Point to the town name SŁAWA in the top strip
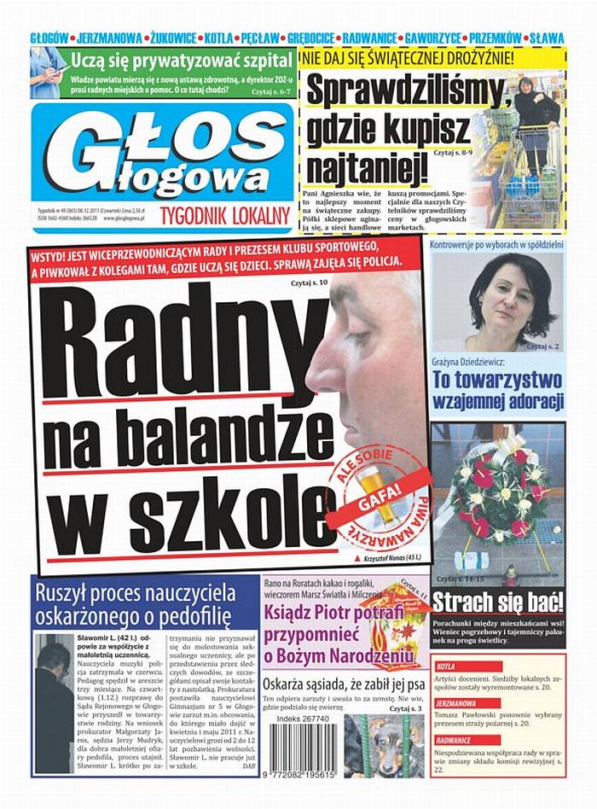coord(547,38)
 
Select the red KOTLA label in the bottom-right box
coord(446,666)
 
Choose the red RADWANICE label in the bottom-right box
coord(454,741)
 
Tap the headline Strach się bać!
coord(497,602)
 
